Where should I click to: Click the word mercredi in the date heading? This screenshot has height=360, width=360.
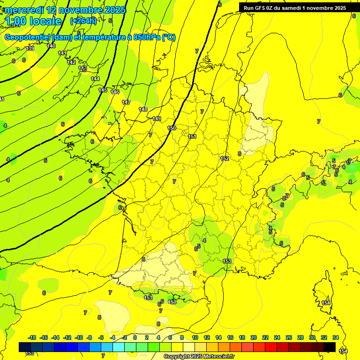tap(24, 10)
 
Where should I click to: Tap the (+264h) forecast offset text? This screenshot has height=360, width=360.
tap(83, 21)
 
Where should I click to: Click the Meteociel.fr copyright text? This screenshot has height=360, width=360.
tap(199, 357)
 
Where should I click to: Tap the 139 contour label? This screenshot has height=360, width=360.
tap(30, 48)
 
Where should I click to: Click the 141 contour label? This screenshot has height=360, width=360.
tap(62, 53)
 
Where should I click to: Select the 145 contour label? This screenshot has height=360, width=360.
tap(103, 90)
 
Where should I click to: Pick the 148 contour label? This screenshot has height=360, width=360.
tap(143, 109)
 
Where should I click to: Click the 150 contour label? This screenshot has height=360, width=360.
tap(172, 128)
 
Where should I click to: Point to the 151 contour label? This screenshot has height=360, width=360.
tap(192, 136)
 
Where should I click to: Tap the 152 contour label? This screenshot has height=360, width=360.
tap(225, 158)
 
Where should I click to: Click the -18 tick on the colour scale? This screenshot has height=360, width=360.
tap(32, 337)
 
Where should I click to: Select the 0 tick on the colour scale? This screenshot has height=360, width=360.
tap(135, 337)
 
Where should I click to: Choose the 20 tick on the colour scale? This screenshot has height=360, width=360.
tap(254, 337)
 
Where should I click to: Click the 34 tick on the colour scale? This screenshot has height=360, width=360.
tap(336, 337)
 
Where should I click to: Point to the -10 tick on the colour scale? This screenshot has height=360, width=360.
tap(79, 337)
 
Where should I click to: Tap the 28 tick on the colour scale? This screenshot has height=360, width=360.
tap(300, 337)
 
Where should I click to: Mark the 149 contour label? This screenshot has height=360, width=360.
tap(157, 119)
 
